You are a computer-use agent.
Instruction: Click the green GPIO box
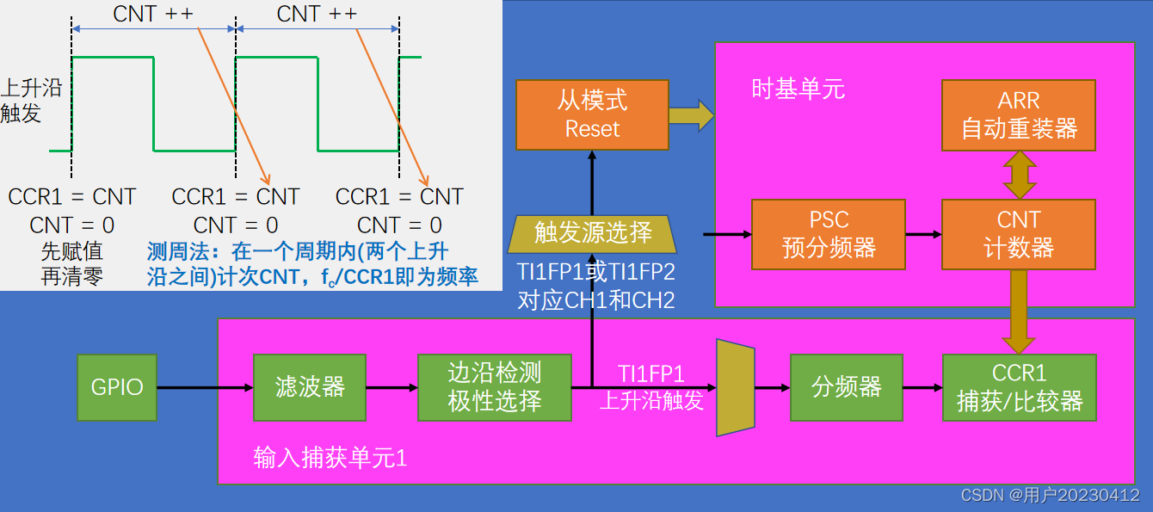(117, 387)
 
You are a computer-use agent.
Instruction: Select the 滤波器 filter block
(310, 387)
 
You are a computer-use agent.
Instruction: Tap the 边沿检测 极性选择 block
(495, 387)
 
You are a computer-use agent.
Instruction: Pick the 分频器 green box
(847, 387)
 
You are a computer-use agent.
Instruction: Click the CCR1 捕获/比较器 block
(1020, 387)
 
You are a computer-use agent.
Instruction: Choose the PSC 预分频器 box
(829, 234)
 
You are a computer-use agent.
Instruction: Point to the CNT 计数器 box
(1019, 234)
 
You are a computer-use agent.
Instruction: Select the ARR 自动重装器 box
(1019, 115)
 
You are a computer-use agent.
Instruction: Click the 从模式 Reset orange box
(592, 115)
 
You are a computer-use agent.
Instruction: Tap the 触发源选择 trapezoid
(593, 233)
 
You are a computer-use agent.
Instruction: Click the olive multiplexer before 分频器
(736, 387)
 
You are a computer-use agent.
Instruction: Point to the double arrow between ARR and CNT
(1019, 175)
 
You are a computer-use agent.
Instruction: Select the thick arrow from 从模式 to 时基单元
(691, 115)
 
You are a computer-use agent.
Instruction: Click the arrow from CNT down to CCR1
(1019, 312)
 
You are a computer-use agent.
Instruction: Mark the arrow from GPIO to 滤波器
(205, 387)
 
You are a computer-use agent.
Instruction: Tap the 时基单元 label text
(798, 89)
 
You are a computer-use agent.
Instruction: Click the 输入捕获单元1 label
(330, 458)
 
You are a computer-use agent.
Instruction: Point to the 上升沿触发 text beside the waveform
(21, 100)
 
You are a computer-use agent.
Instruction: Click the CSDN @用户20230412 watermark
(1050, 496)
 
